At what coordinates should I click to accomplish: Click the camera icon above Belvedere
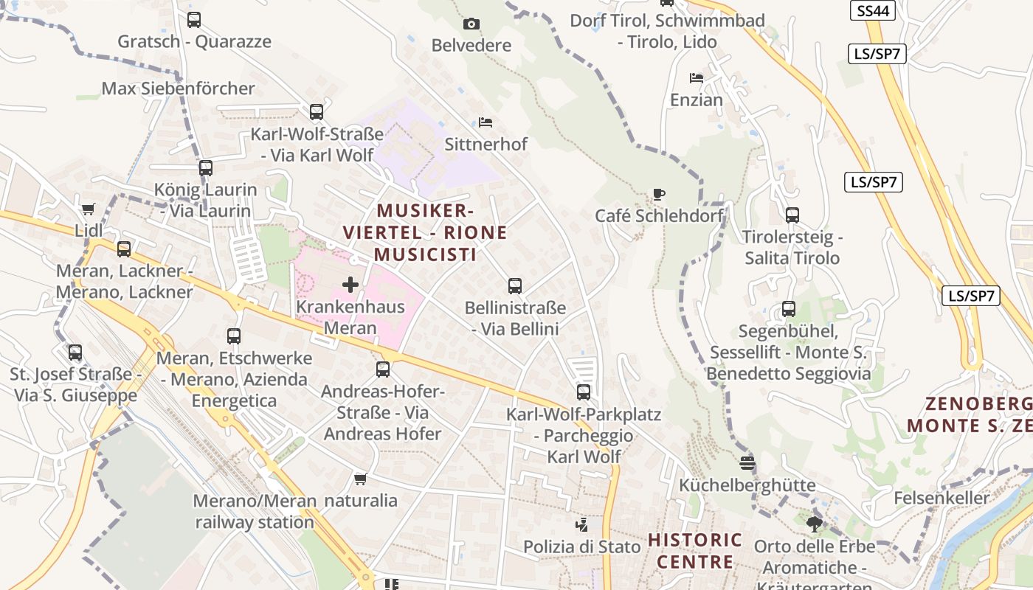(x=471, y=24)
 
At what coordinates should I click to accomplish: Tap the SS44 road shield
(x=873, y=10)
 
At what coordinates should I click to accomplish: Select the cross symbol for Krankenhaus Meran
(x=350, y=285)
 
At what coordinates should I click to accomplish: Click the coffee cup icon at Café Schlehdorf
(x=659, y=195)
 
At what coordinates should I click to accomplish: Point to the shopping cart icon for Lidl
(x=89, y=209)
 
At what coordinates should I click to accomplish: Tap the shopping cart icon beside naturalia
(x=361, y=479)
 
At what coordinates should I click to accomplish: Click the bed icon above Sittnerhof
(x=486, y=122)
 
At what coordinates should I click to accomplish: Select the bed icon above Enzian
(x=696, y=78)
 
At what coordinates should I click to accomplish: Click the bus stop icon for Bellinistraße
(x=515, y=285)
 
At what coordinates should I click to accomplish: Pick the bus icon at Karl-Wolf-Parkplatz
(x=584, y=392)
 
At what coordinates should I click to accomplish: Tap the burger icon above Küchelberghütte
(x=747, y=463)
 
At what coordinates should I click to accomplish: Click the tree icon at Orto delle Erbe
(x=815, y=524)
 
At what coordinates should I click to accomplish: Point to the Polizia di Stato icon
(x=582, y=525)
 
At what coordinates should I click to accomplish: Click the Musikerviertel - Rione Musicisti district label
(x=425, y=232)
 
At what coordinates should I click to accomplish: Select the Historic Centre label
(x=695, y=551)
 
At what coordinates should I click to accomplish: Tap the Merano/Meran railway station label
(x=255, y=512)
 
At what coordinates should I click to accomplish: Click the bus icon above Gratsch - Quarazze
(x=194, y=20)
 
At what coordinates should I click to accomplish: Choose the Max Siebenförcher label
(x=178, y=88)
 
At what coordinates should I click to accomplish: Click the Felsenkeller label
(x=942, y=498)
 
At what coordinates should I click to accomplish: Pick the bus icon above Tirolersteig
(x=792, y=215)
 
